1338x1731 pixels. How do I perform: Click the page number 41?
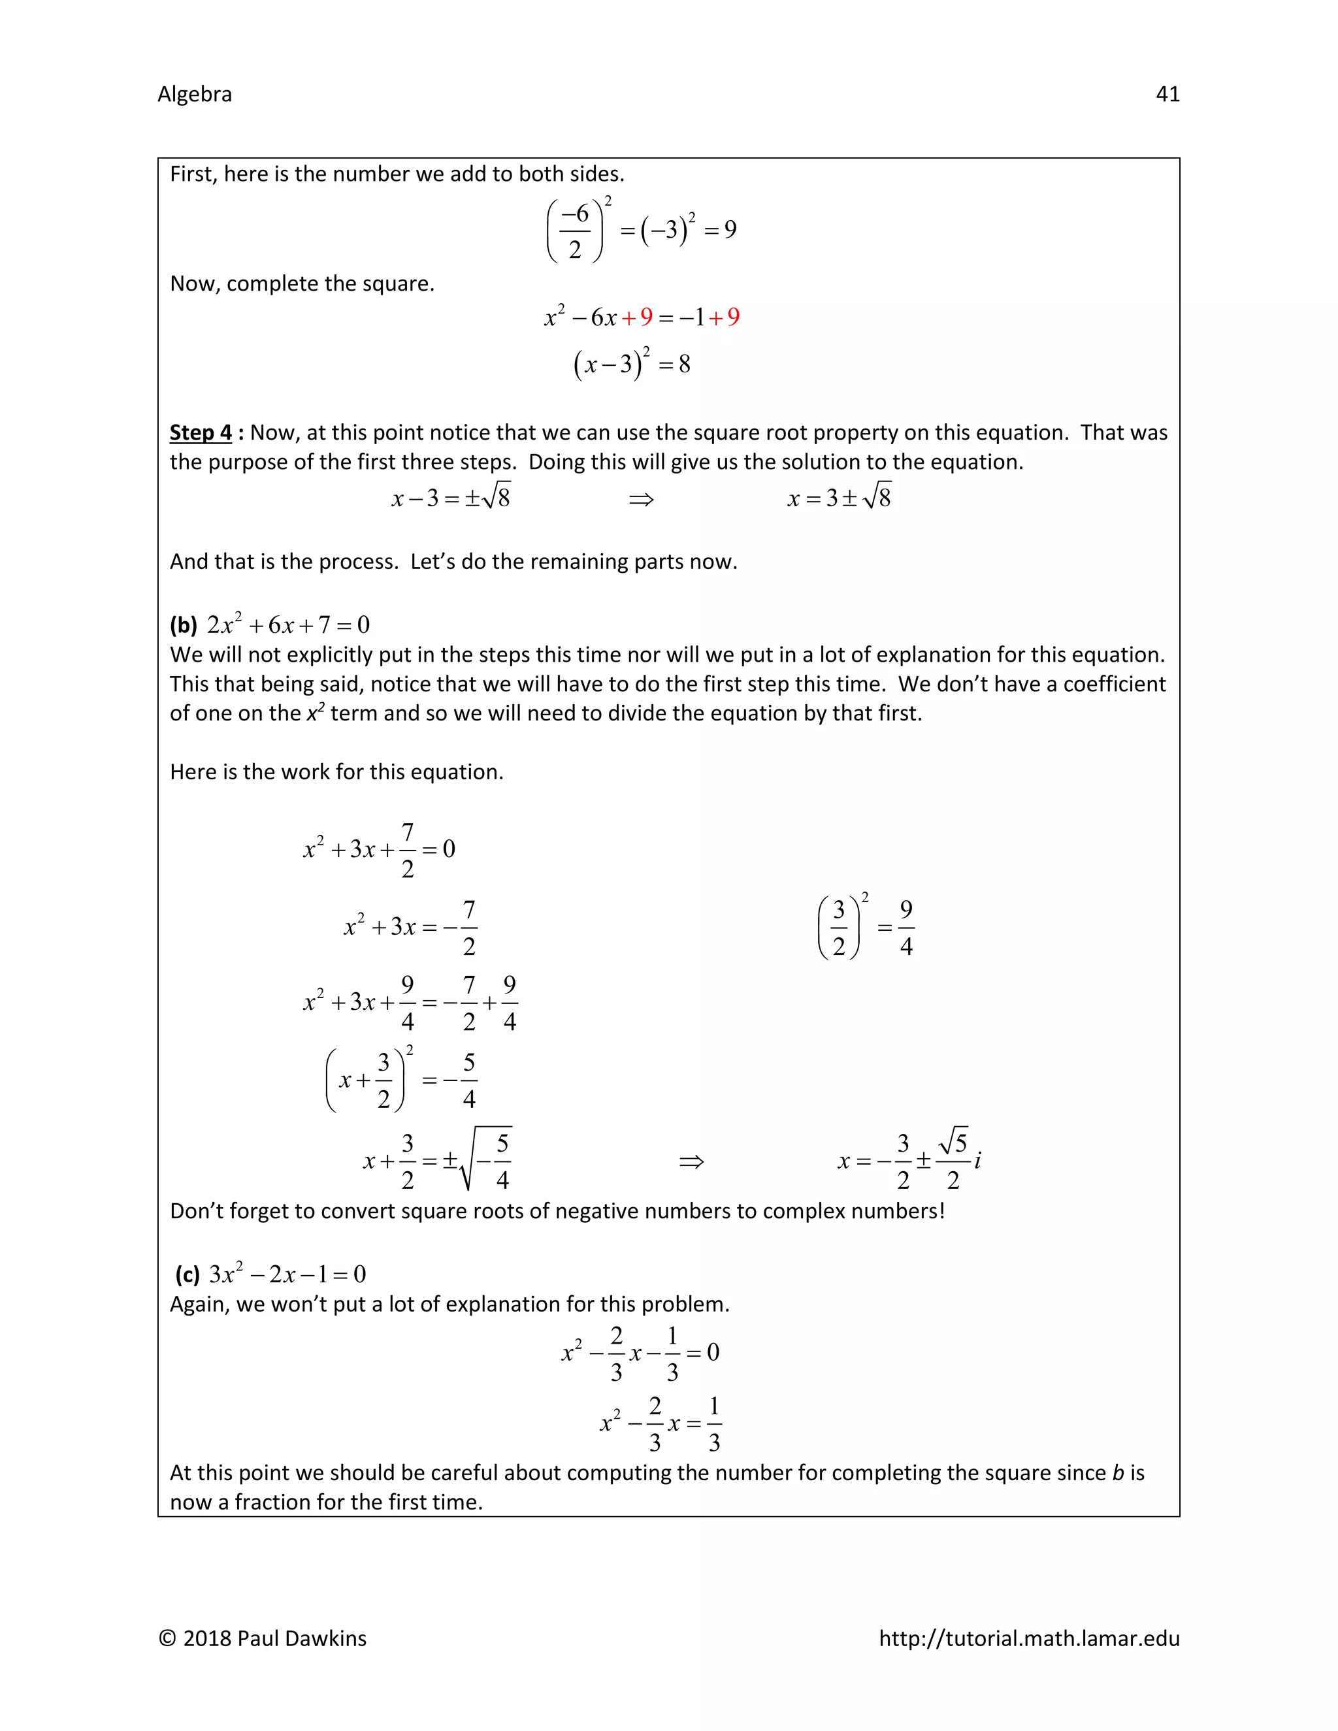coord(1167,94)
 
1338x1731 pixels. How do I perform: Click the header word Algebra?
coord(194,94)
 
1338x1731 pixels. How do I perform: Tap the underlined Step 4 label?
coord(201,432)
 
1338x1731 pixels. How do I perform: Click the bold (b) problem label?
coord(183,625)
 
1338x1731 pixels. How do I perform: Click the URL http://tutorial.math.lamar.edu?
coord(1029,1638)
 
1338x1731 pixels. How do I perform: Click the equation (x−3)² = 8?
coord(632,364)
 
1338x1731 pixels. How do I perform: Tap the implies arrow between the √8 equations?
coord(640,499)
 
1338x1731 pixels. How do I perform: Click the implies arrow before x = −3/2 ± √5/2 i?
coord(691,1162)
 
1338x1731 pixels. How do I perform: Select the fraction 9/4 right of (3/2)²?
coord(906,928)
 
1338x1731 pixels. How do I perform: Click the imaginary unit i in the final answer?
coord(977,1161)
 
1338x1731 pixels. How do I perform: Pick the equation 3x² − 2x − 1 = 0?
coord(287,1274)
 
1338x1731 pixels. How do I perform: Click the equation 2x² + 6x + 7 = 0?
coord(289,625)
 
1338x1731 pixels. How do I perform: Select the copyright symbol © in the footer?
coord(167,1638)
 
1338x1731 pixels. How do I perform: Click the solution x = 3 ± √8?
coord(839,498)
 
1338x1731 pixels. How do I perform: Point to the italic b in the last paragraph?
coord(1118,1472)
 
